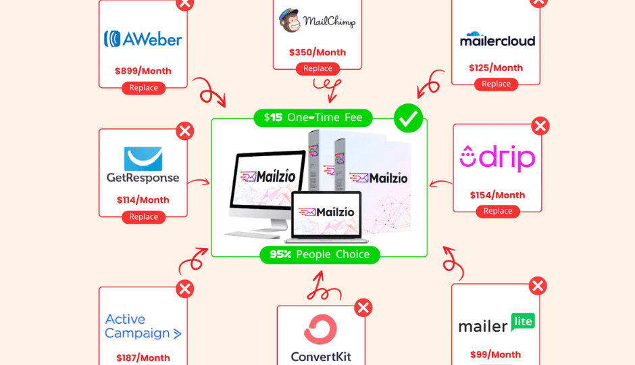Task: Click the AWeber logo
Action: pyautogui.click(x=143, y=39)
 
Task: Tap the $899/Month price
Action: pyautogui.click(x=143, y=71)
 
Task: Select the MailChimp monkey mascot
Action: pyautogui.click(x=290, y=20)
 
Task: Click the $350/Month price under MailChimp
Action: pyautogui.click(x=317, y=52)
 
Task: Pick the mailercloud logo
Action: pyautogui.click(x=497, y=39)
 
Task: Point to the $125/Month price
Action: pyautogui.click(x=496, y=68)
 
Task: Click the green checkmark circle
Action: pyautogui.click(x=408, y=118)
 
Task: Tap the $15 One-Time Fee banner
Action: pyautogui.click(x=313, y=118)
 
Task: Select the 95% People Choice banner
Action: pyautogui.click(x=320, y=254)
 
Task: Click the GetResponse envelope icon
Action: pyautogui.click(x=143, y=159)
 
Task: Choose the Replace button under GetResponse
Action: pyautogui.click(x=143, y=217)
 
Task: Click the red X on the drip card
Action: pyautogui.click(x=540, y=126)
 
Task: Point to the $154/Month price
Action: pyautogui.click(x=497, y=195)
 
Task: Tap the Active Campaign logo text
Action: pyautogui.click(x=143, y=326)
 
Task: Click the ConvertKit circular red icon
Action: pyautogui.click(x=320, y=329)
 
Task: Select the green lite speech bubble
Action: pyautogui.click(x=523, y=322)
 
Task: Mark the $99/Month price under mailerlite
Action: pyautogui.click(x=495, y=354)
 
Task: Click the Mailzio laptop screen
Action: pyautogui.click(x=326, y=214)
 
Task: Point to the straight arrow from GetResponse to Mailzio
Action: pyautogui.click(x=199, y=182)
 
